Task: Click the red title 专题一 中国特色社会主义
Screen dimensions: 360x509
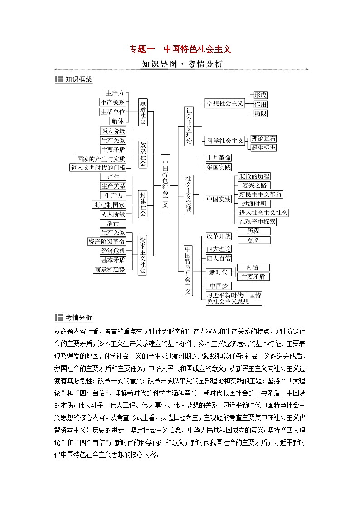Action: point(180,49)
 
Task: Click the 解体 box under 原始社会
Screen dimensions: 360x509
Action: point(117,121)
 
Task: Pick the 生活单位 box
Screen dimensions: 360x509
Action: point(113,111)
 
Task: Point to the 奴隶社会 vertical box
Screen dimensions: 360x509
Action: point(143,154)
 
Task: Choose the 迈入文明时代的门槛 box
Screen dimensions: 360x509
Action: point(101,167)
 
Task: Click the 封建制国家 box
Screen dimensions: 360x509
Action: point(109,205)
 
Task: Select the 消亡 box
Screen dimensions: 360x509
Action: point(113,223)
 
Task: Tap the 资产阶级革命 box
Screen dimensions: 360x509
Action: point(107,242)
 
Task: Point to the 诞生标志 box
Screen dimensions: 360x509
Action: point(263,148)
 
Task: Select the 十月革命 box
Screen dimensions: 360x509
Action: point(219,158)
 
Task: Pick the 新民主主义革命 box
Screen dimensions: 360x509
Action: point(260,194)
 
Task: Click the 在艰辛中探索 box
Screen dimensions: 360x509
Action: point(257,222)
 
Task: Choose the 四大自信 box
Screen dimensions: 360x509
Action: point(219,258)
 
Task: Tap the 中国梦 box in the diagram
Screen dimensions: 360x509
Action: point(219,286)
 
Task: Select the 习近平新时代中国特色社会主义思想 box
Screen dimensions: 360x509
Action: point(234,298)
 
